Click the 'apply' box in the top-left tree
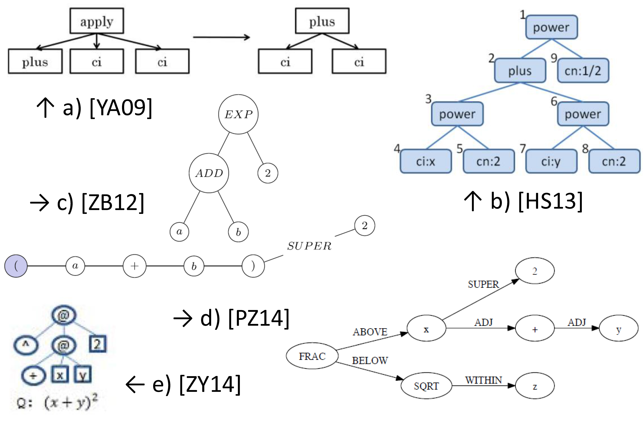point(97,21)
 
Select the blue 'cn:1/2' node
point(583,71)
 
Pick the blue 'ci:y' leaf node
point(551,161)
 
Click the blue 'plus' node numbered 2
point(520,71)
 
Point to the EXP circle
point(238,114)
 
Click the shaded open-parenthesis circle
point(16,266)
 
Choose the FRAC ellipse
point(312,356)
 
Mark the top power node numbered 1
point(551,27)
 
